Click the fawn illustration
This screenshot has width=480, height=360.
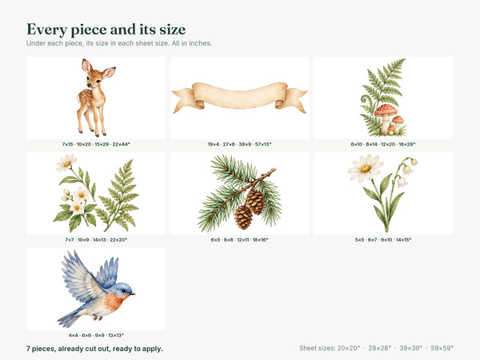coord(95,98)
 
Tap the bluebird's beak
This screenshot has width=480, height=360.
coord(132,294)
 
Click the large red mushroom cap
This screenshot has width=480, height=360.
coord(386,110)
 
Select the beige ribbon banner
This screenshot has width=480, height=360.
coord(240,98)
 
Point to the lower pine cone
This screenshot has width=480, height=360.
coord(243,217)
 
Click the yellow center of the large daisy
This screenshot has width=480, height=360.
coord(366,168)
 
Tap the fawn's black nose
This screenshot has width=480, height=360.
coord(89,85)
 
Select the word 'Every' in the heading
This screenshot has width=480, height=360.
coord(47,30)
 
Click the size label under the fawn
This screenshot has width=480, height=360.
coord(96,144)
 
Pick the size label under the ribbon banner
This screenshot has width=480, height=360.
coord(240,144)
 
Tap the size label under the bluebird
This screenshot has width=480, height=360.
coord(96,335)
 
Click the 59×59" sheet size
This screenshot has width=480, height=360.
coord(442,348)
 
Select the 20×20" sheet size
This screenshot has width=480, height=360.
coord(349,348)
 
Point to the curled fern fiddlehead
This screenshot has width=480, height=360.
coord(366,99)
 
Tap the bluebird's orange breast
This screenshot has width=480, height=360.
coord(115,302)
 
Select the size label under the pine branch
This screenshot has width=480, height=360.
coord(240,240)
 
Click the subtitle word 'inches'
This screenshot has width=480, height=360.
coord(201,43)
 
